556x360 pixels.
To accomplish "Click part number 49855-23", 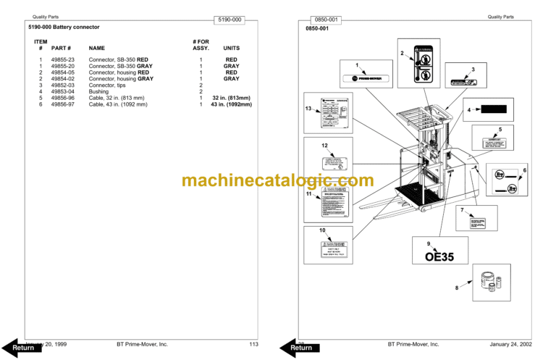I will point(62,59).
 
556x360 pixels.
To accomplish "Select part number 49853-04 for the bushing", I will point(62,92).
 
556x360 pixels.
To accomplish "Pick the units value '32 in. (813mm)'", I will point(232,99).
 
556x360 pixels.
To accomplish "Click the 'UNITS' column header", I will point(232,49).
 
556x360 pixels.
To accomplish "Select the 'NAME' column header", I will point(97,49).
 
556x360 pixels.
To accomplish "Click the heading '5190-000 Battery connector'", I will point(59,27).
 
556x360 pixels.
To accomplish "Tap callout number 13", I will point(308,109).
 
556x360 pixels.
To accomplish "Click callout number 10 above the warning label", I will point(322,230).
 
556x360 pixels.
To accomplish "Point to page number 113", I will point(253,344).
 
